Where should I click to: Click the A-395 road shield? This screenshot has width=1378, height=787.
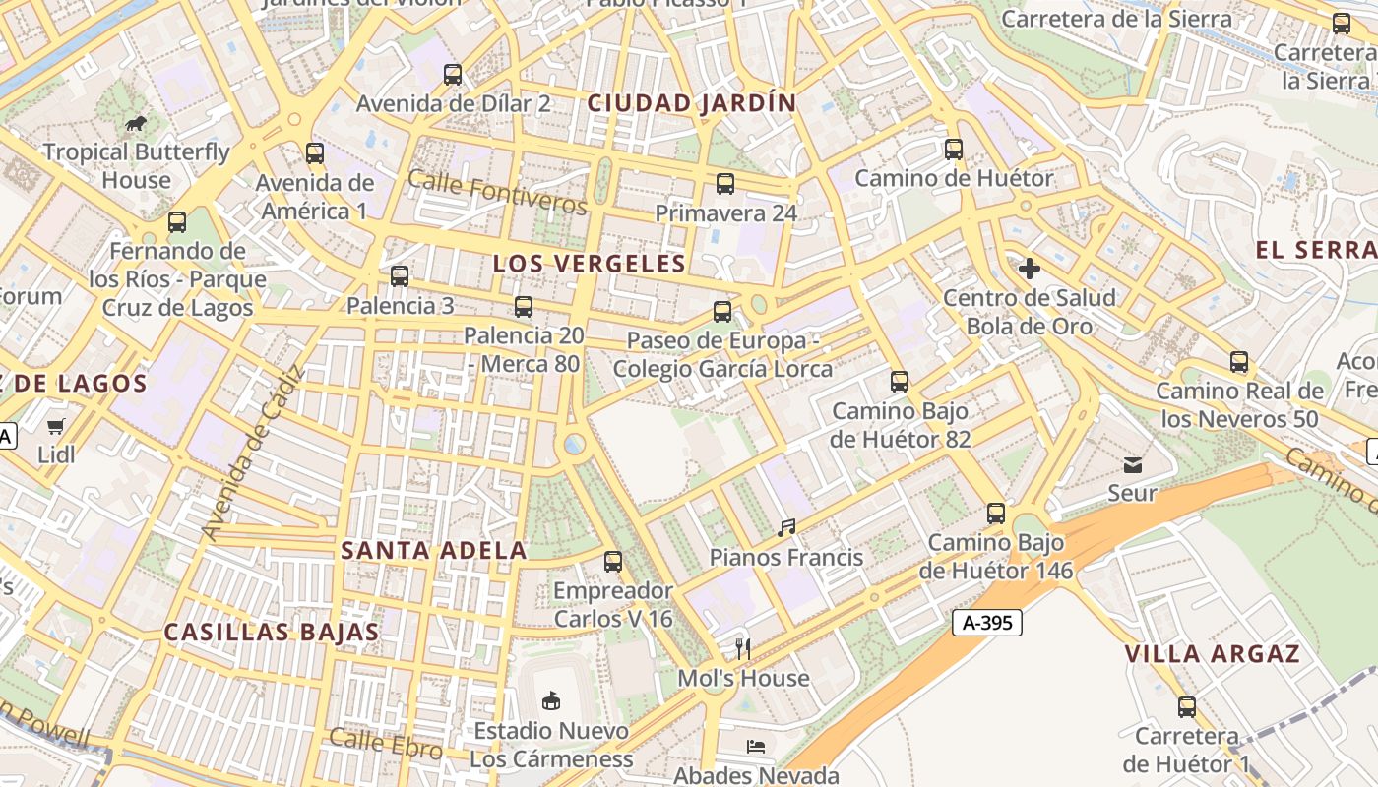[987, 623]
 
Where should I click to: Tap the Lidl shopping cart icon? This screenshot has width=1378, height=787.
[56, 426]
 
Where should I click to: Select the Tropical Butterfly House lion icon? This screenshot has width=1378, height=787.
[136, 123]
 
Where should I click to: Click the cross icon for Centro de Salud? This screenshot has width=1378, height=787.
[1029, 269]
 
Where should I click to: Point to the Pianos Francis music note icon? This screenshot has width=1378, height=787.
[785, 528]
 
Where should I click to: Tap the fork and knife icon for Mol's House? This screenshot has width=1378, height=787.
[743, 648]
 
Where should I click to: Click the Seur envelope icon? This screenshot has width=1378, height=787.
[1132, 463]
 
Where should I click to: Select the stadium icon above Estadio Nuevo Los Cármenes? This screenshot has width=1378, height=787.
[550, 701]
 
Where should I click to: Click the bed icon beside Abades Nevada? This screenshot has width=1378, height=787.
[755, 747]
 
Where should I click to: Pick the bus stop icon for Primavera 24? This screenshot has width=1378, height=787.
[725, 184]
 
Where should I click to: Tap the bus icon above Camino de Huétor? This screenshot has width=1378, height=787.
[953, 150]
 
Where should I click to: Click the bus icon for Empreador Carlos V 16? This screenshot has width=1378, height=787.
[613, 562]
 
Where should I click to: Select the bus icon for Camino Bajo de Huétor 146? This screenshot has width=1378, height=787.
[996, 514]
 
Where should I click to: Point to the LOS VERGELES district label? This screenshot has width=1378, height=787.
[589, 264]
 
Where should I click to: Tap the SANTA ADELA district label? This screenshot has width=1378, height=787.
[434, 551]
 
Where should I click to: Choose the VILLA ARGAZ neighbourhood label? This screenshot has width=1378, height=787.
[1212, 654]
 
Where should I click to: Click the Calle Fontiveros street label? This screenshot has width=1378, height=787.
[496, 192]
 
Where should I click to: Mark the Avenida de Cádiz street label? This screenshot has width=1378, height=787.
[253, 453]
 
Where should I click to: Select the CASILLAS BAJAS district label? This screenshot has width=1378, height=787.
[272, 633]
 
